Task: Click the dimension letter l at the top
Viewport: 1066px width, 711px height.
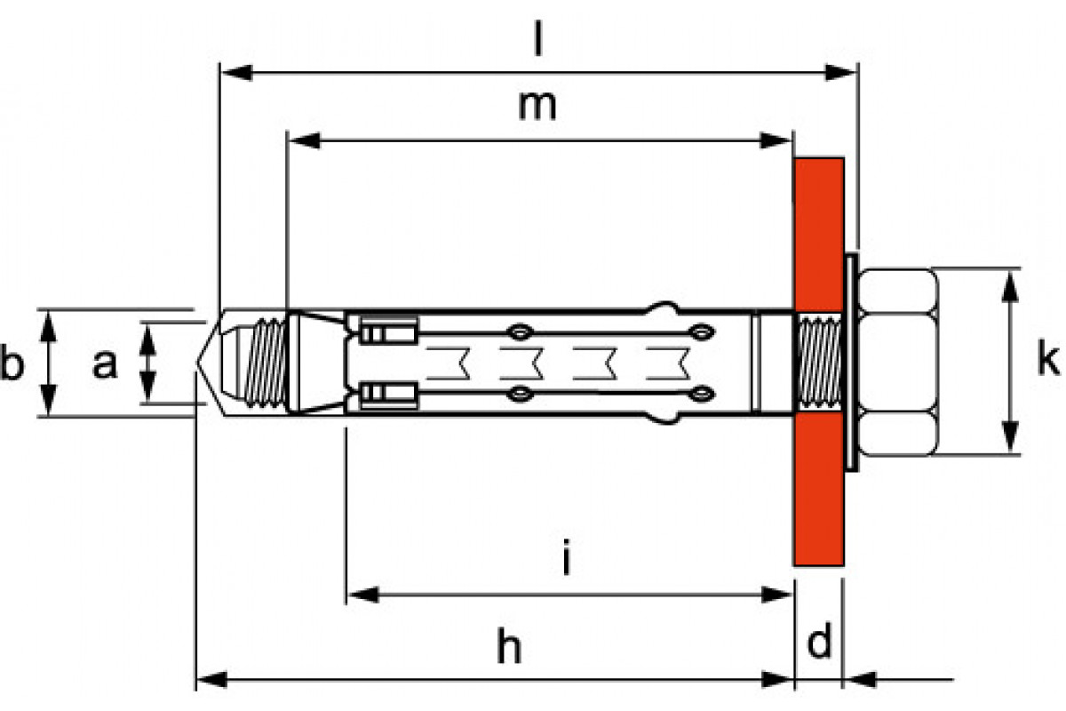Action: click(537, 38)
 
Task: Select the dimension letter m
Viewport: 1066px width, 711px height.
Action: click(537, 107)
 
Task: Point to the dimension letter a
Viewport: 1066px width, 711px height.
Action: click(105, 364)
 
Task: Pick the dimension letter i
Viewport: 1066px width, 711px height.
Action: click(566, 556)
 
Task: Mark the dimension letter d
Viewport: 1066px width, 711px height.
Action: click(819, 640)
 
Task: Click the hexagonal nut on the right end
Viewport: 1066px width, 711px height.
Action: click(897, 362)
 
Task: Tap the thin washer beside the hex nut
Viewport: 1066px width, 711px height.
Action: click(851, 363)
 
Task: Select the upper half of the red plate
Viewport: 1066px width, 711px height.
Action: click(818, 235)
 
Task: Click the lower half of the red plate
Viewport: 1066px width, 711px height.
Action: click(818, 489)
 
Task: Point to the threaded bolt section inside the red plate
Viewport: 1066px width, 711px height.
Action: click(818, 363)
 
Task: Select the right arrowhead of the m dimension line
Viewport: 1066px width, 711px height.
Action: click(776, 140)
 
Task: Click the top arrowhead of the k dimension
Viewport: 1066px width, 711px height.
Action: click(1009, 287)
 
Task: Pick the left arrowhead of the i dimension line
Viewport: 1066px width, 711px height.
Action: click(363, 595)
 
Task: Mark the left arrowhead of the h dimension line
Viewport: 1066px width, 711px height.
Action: click(211, 680)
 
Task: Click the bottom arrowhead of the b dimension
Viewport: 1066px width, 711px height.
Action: click(48, 400)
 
